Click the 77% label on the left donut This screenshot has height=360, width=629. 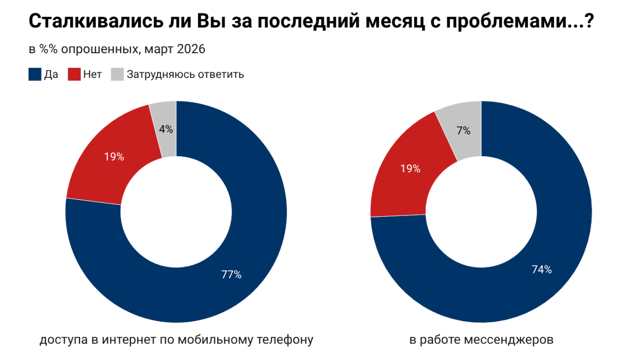231,275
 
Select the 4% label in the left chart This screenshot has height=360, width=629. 166,129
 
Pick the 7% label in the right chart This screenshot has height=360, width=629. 463,131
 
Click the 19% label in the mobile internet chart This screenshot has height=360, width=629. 114,157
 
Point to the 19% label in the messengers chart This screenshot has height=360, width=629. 410,169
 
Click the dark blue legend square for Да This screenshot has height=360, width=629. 35,75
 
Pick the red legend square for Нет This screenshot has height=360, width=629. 74,75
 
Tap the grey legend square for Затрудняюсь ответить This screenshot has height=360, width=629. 117,75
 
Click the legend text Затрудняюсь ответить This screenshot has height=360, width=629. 185,75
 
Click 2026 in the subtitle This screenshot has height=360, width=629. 191,49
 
